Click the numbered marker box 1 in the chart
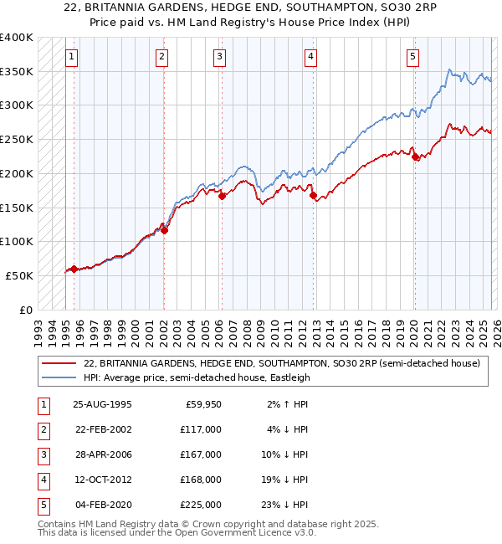click(72, 57)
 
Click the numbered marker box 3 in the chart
click(219, 57)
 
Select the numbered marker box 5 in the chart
click(412, 57)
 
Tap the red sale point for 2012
click(313, 196)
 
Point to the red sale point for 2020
click(415, 157)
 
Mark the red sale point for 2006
click(223, 197)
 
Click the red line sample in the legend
click(60, 363)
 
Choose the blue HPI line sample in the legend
click(60, 377)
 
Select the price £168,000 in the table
click(200, 480)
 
